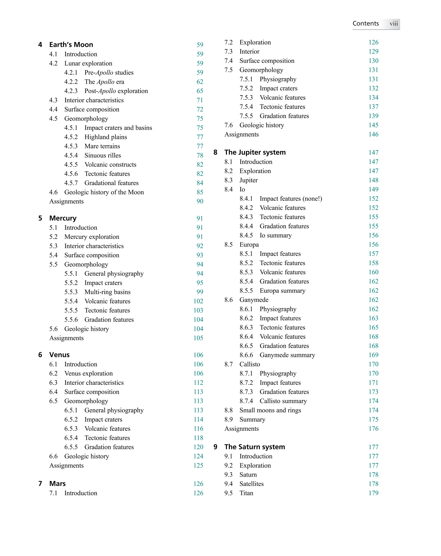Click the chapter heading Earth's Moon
[x=71, y=45]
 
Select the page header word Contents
[x=365, y=23]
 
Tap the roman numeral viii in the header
[x=393, y=24]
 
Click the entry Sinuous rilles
[x=102, y=155]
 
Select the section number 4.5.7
[x=71, y=183]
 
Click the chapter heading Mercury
[x=63, y=218]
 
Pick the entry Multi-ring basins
[x=107, y=292]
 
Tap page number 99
[x=200, y=292]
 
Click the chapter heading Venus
[x=59, y=355]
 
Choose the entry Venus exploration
[x=89, y=373]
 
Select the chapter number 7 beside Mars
[x=40, y=484]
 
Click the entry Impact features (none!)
[x=291, y=199]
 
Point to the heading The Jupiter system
[x=255, y=153]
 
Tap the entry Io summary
[x=276, y=235]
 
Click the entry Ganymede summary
[x=287, y=355]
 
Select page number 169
[x=373, y=355]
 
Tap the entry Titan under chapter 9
[x=246, y=493]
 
